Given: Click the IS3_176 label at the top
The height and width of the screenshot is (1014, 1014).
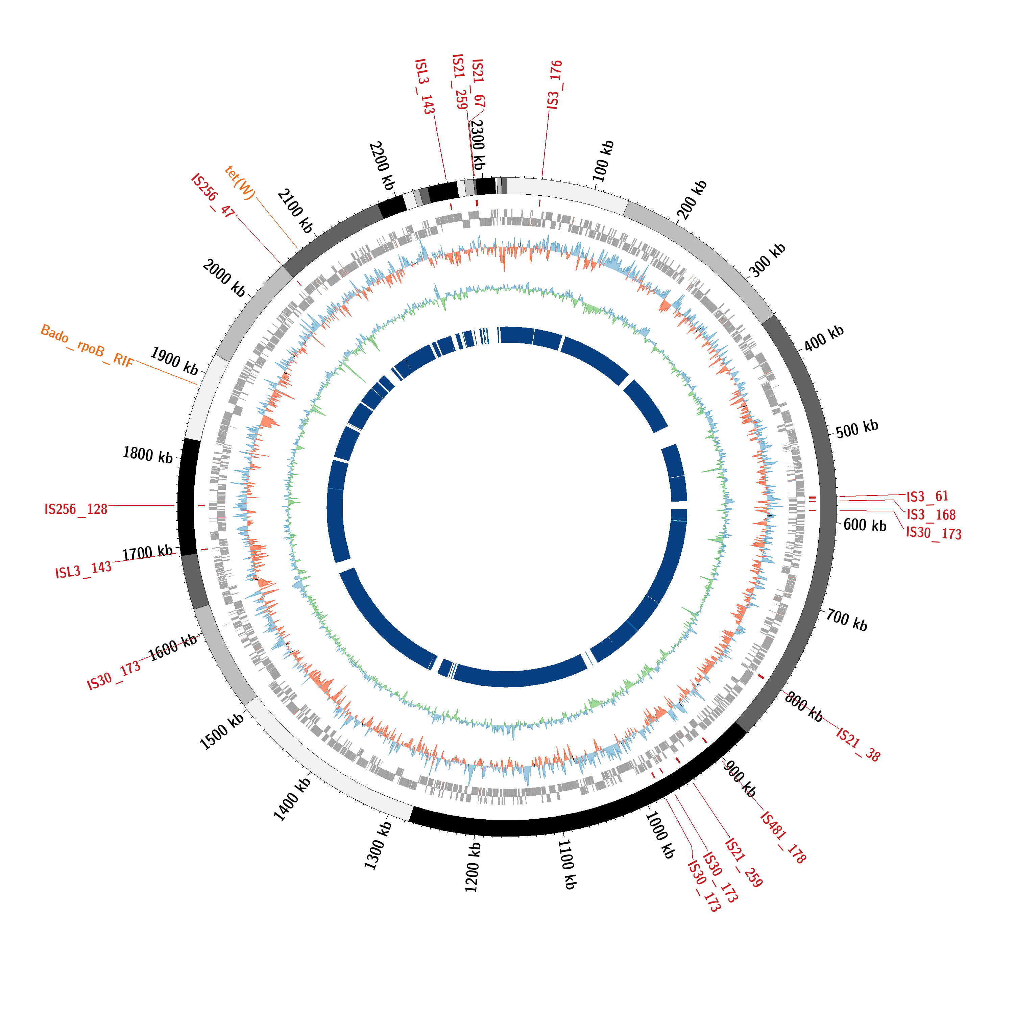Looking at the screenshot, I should click(555, 85).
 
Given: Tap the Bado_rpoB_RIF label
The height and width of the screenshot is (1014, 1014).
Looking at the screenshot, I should click(87, 346).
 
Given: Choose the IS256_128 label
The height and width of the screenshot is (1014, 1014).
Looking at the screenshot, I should click(76, 509).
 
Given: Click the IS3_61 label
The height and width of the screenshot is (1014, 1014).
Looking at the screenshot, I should click(927, 497).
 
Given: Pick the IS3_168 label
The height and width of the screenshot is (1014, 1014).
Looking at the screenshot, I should click(931, 514).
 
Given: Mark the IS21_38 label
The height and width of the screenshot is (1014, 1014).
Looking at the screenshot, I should click(858, 744).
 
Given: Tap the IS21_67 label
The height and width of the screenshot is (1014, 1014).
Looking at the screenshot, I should click(478, 84).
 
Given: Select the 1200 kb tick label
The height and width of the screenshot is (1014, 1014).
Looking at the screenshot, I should click(473, 867).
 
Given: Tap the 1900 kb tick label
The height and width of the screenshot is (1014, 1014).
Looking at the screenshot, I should click(174, 361).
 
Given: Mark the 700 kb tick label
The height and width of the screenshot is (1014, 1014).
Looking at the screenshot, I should click(847, 620).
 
